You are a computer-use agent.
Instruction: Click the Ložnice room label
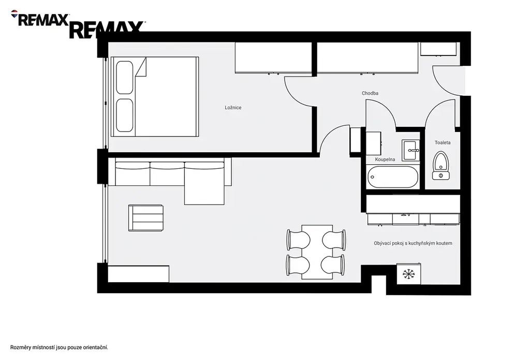233,108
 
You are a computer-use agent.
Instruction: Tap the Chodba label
370,93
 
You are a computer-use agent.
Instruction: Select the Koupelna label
385,160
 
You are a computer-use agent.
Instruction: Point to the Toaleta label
443,142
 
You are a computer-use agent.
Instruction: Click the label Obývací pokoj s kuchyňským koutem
413,243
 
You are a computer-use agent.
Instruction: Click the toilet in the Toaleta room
441,165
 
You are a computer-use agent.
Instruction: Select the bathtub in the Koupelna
393,177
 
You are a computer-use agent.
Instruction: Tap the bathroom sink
410,150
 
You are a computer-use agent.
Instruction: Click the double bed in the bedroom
155,97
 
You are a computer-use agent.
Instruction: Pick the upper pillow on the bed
124,78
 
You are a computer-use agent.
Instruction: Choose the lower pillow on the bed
124,116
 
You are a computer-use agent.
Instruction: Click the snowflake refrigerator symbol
409,274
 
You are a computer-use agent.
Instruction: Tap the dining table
317,252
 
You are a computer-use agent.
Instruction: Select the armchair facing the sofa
146,218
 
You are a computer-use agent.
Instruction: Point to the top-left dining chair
299,239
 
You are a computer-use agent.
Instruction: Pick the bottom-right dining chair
334,265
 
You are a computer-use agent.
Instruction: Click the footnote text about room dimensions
59,348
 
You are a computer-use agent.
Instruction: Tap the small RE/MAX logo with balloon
40,18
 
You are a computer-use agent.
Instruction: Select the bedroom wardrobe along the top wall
273,57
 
